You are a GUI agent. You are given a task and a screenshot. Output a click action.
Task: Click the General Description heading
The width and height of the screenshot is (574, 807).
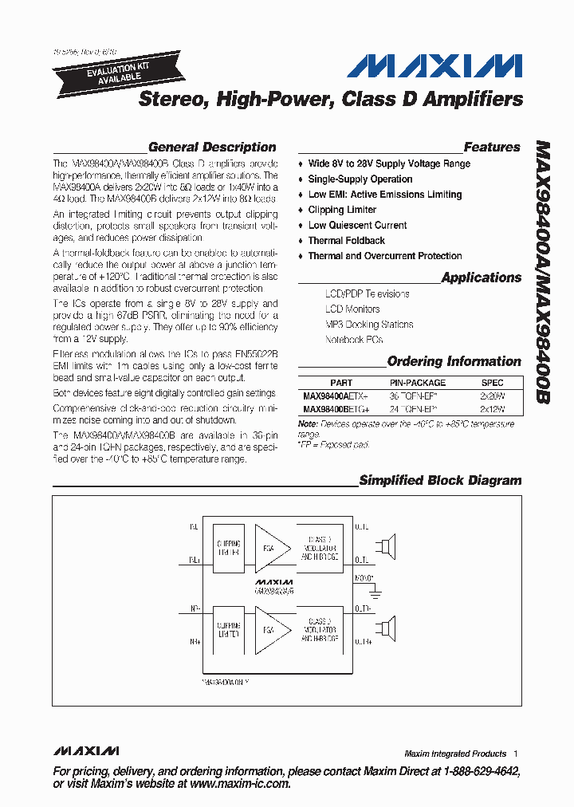(x=212, y=147)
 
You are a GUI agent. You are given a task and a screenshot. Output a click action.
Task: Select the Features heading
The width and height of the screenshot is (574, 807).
(x=491, y=147)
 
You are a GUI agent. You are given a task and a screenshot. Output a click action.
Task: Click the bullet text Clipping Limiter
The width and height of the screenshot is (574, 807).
(x=342, y=210)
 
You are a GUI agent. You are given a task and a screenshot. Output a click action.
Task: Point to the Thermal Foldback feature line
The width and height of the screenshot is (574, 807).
(x=346, y=241)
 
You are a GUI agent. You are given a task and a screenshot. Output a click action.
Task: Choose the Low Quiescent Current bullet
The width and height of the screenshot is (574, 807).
(x=357, y=225)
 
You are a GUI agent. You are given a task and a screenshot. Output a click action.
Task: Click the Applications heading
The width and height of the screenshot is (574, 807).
(x=481, y=278)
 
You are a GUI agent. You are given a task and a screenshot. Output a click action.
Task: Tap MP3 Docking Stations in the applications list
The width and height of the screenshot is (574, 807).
(x=369, y=325)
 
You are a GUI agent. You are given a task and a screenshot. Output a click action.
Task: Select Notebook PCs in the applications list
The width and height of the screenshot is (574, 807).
(x=354, y=340)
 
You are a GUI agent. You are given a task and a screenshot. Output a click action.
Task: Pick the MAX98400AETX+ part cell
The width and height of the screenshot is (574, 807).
(x=336, y=396)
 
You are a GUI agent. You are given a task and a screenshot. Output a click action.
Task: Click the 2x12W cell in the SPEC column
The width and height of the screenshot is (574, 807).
(x=492, y=408)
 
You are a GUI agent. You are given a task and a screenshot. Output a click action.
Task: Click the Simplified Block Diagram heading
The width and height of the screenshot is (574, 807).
(x=440, y=480)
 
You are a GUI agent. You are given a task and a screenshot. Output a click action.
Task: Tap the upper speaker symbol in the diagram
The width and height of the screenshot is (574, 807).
(x=387, y=549)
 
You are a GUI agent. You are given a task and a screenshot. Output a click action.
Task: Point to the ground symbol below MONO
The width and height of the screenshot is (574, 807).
(x=374, y=592)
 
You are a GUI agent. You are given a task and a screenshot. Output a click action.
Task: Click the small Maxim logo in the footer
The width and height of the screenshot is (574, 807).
(x=86, y=751)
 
